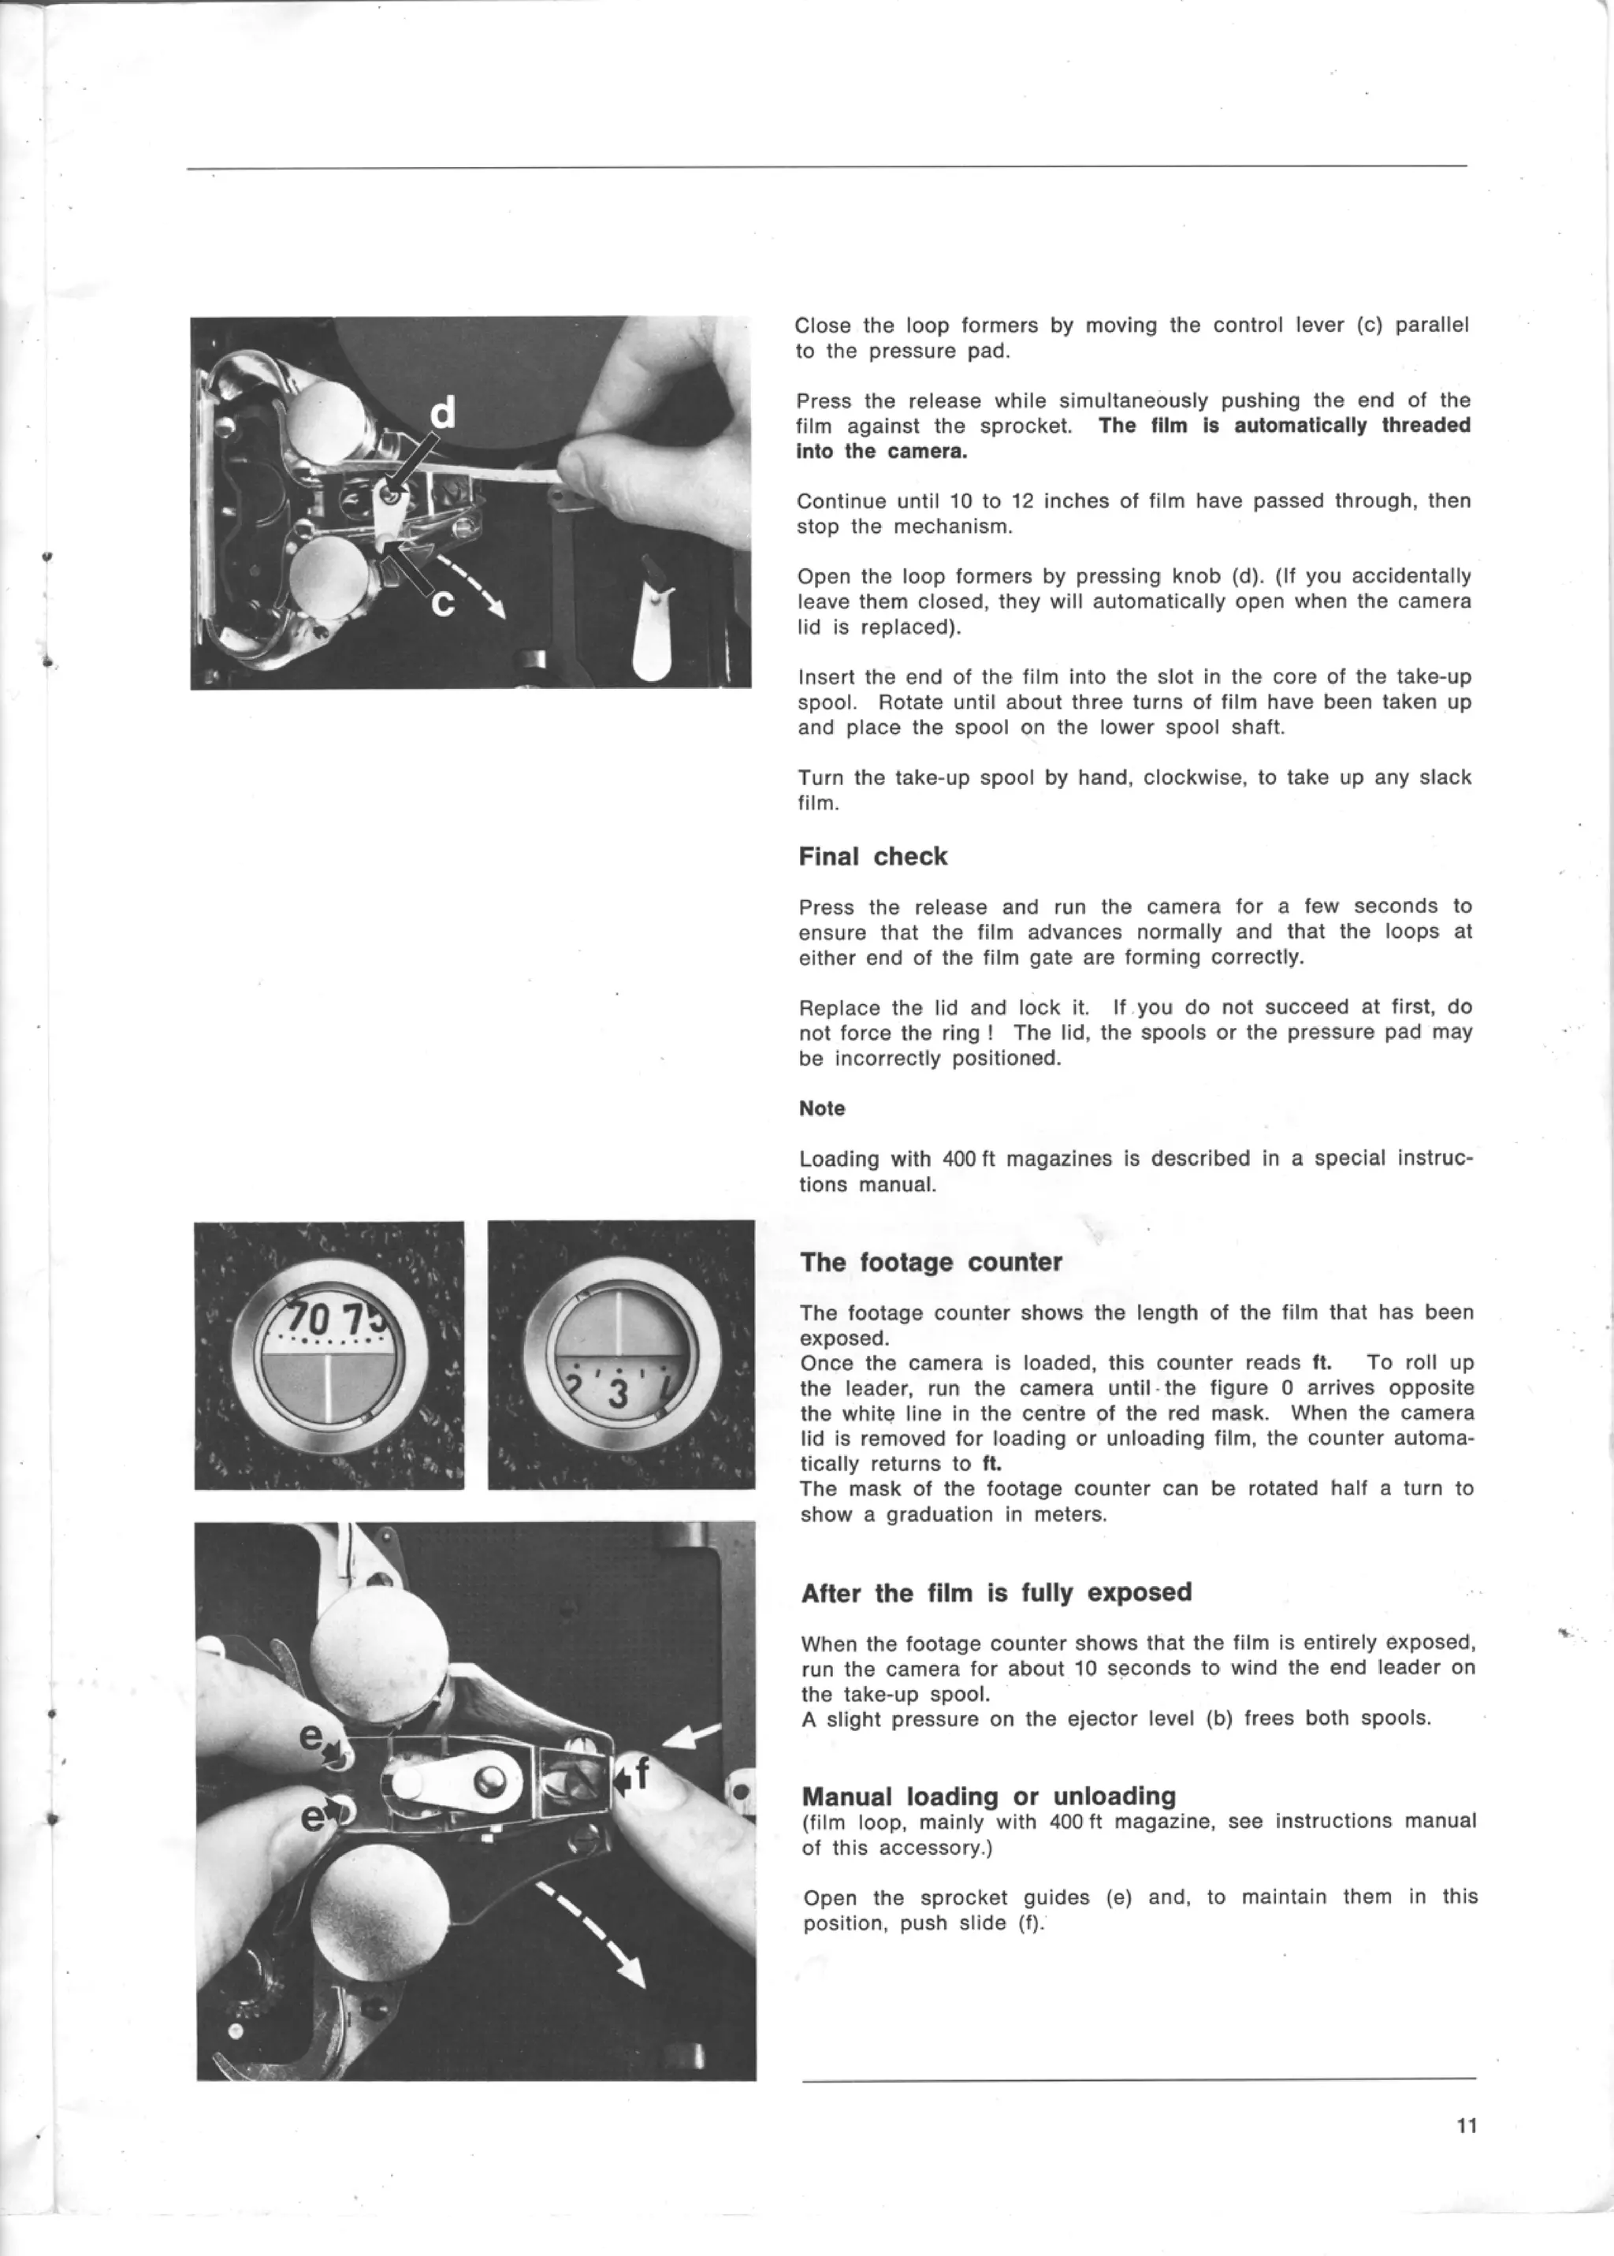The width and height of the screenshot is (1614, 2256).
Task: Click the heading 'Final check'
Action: point(872,857)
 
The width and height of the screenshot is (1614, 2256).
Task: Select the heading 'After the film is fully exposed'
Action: point(996,1593)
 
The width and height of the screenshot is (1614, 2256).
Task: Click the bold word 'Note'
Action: point(821,1108)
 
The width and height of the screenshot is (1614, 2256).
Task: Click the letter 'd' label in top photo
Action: point(443,411)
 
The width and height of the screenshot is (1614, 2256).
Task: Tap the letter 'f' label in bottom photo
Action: point(642,1772)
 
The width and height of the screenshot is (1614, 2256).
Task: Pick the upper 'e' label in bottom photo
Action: point(311,1737)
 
